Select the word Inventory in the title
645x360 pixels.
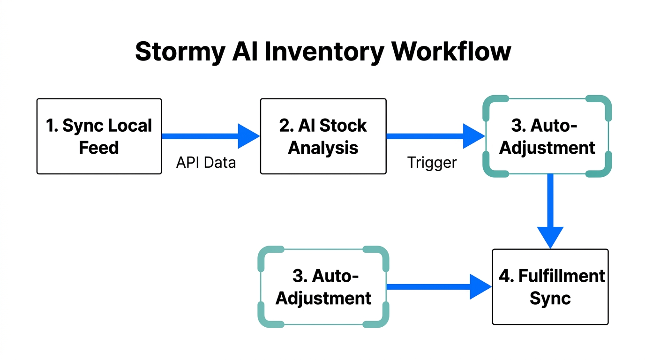[x=324, y=52]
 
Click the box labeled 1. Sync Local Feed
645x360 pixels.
[x=99, y=136]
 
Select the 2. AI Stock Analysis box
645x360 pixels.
[x=323, y=136]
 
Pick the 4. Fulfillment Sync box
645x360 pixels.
[x=550, y=286]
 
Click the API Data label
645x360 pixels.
[x=206, y=163]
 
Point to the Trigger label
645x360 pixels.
[x=432, y=163]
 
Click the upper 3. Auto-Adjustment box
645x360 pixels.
[x=547, y=136]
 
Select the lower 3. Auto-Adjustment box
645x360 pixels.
[x=323, y=286]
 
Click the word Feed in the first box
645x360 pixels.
[x=99, y=148]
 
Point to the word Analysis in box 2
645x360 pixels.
[x=323, y=148]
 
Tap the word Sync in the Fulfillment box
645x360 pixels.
[x=550, y=298]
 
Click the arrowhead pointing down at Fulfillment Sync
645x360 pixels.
[x=550, y=237]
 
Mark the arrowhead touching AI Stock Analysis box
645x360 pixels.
[x=248, y=136]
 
